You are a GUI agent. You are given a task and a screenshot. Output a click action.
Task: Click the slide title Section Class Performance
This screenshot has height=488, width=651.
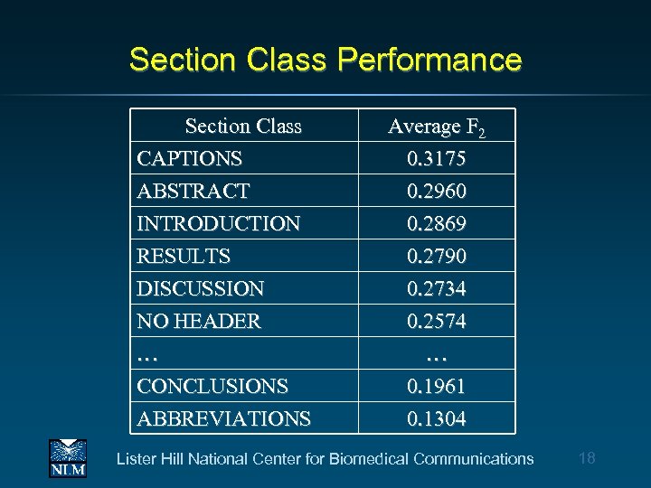pyautogui.click(x=325, y=61)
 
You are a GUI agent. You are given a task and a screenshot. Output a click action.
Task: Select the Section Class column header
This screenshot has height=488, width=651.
pyautogui.click(x=243, y=127)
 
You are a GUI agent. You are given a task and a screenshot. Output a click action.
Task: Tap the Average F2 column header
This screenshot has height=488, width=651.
pyautogui.click(x=437, y=127)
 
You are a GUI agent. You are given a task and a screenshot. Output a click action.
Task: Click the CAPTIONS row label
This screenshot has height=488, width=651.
pyautogui.click(x=190, y=159)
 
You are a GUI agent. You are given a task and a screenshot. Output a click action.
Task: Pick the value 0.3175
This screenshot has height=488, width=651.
pyautogui.click(x=437, y=159)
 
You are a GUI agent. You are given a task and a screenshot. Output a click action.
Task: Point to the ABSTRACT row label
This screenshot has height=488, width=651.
pyautogui.click(x=193, y=192)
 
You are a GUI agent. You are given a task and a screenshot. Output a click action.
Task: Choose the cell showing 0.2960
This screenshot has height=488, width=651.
pyautogui.click(x=437, y=192)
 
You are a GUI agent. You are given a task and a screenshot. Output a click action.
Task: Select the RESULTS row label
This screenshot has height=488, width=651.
pyautogui.click(x=184, y=257)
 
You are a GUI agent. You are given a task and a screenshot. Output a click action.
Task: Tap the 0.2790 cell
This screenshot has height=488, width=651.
pyautogui.click(x=437, y=257)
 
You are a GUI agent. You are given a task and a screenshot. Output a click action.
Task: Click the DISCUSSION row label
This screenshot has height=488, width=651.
pyautogui.click(x=201, y=289)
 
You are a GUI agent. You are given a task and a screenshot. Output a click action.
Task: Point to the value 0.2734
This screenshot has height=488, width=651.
pyautogui.click(x=437, y=289)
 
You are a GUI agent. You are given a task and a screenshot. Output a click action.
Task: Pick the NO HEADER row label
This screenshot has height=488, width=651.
pyautogui.click(x=199, y=322)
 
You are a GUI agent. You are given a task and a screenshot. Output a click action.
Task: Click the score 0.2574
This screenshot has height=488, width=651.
pyautogui.click(x=437, y=322)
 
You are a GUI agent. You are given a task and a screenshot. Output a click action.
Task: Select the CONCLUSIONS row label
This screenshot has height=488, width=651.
pyautogui.click(x=212, y=387)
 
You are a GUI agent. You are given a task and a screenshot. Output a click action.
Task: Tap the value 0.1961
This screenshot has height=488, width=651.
pyautogui.click(x=437, y=387)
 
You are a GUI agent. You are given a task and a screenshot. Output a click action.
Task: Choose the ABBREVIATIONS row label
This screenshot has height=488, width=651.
pyautogui.click(x=223, y=419)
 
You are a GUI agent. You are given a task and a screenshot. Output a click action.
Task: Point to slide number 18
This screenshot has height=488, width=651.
pyautogui.click(x=587, y=458)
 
